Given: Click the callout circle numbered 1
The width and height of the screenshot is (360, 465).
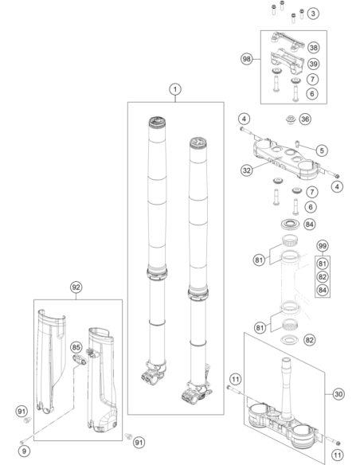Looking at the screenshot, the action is pyautogui.click(x=175, y=89).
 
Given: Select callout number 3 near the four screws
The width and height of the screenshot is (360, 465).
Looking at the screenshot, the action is pyautogui.click(x=313, y=14).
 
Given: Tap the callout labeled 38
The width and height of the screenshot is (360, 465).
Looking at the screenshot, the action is pyautogui.click(x=314, y=48).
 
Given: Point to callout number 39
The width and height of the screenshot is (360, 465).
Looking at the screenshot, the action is pyautogui.click(x=314, y=64).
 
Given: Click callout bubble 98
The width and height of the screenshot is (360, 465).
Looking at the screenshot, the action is pyautogui.click(x=247, y=59).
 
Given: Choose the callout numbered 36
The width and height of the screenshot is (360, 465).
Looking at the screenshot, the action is pyautogui.click(x=305, y=119).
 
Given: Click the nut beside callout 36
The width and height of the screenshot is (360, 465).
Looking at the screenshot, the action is pyautogui.click(x=291, y=119).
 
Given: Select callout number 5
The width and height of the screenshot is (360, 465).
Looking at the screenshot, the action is pyautogui.click(x=322, y=150).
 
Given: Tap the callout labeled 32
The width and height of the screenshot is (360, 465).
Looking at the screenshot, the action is pyautogui.click(x=247, y=170).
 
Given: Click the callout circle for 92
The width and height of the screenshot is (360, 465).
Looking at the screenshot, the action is pyautogui.click(x=76, y=287).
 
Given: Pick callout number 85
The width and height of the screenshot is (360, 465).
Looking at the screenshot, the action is pyautogui.click(x=76, y=347).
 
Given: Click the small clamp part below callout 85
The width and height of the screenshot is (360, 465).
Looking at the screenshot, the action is pyautogui.click(x=80, y=359).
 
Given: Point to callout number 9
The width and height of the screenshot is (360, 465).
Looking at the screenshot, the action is pyautogui.click(x=24, y=451).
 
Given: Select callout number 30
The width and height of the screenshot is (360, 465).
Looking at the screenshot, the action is pyautogui.click(x=338, y=394).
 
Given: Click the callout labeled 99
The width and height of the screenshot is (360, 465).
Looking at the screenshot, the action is pyautogui.click(x=323, y=246).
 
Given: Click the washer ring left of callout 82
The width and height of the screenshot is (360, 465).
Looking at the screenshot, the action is pyautogui.click(x=289, y=339).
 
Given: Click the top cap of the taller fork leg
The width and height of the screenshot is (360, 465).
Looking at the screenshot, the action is pyautogui.click(x=157, y=122).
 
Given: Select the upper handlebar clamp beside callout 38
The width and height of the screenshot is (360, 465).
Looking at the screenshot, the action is pyautogui.click(x=287, y=41).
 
